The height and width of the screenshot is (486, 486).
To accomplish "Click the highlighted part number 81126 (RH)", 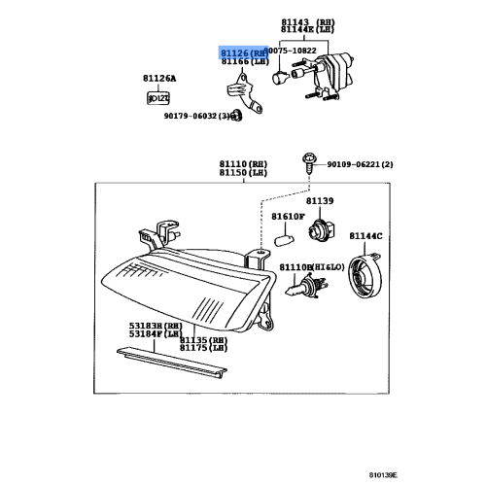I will [x=240, y=52].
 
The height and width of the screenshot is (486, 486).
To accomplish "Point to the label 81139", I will [x=321, y=200].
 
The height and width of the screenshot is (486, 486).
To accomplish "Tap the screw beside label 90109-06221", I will [x=308, y=162].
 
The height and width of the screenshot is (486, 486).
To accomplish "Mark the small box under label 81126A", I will [x=156, y=97].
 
